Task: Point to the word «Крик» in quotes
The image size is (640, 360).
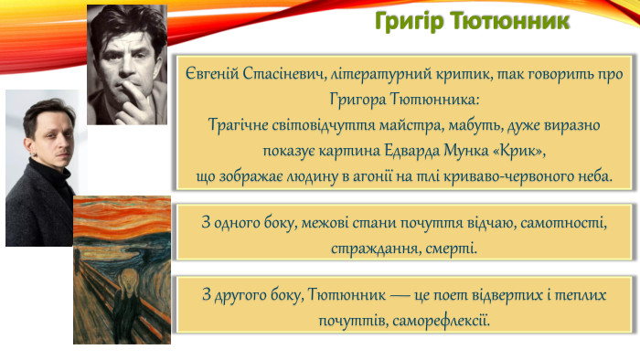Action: (x=536, y=150)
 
